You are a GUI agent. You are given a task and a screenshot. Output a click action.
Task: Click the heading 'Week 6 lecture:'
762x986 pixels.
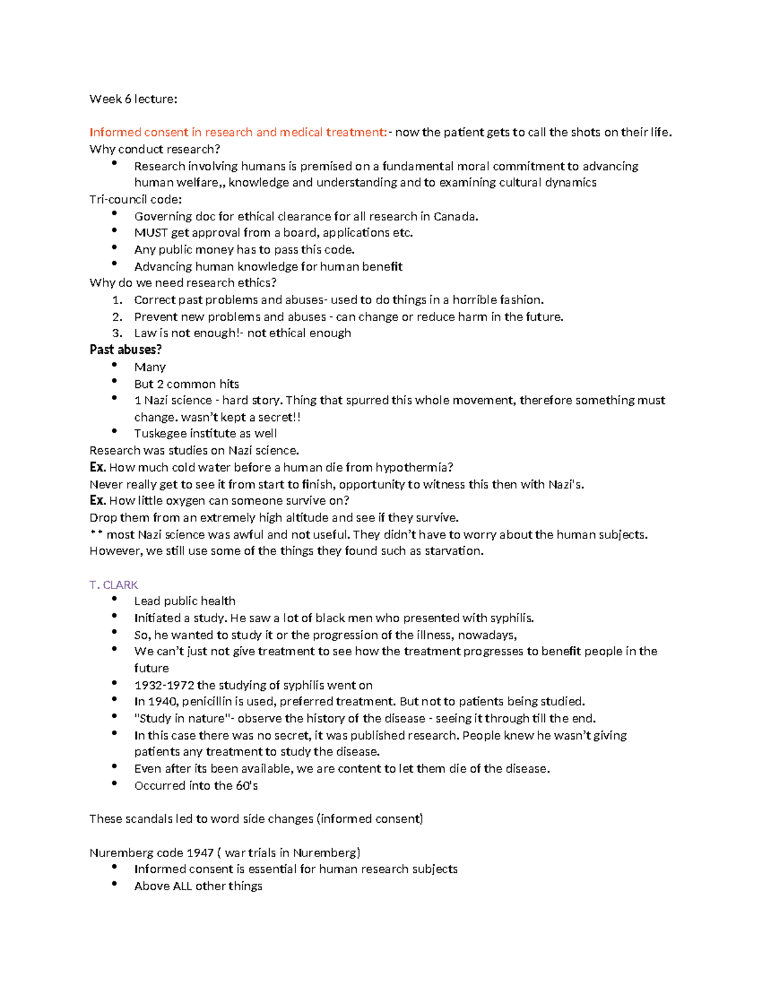133,99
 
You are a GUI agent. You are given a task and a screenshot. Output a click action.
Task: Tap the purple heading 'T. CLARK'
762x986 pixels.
114,585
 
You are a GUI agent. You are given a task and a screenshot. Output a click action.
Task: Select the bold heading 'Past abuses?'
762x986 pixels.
126,350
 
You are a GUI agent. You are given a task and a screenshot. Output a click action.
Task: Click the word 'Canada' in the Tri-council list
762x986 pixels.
455,217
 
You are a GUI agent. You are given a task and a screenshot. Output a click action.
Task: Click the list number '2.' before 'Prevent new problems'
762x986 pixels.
117,317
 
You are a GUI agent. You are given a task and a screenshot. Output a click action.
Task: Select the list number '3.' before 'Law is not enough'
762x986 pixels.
117,333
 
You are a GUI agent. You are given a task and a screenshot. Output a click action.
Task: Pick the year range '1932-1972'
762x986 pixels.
164,686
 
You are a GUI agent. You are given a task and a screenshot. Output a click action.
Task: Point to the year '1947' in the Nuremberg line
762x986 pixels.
200,853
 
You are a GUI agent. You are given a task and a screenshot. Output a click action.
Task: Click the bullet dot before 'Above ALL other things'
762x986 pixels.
114,884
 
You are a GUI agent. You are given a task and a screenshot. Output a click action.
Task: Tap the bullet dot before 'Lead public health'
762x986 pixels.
114,599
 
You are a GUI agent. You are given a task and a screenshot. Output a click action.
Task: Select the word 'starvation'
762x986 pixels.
453,551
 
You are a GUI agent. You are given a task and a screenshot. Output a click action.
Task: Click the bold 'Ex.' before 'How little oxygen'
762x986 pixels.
97,501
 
